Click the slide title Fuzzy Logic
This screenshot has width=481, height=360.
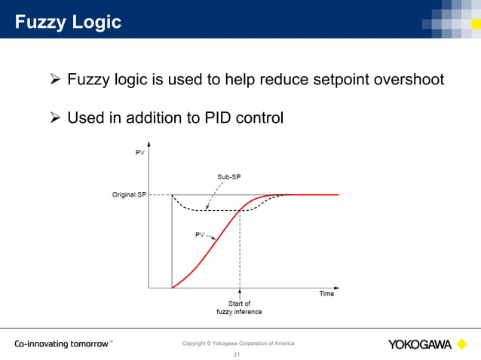pyautogui.click(x=69, y=23)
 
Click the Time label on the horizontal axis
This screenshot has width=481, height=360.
pyautogui.click(x=326, y=294)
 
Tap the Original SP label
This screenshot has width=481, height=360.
pyautogui.click(x=129, y=195)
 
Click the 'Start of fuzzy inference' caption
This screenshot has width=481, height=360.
pyautogui.click(x=240, y=307)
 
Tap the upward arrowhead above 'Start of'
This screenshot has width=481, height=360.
pyautogui.click(x=240, y=291)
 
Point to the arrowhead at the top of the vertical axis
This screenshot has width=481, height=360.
pyautogui.click(x=149, y=143)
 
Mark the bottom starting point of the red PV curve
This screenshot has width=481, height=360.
pyautogui.click(x=173, y=287)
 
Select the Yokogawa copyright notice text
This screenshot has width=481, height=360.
pyautogui.click(x=238, y=343)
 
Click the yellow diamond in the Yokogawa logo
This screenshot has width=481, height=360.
pyautogui.click(x=462, y=344)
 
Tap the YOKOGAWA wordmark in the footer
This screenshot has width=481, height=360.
pyautogui.click(x=420, y=345)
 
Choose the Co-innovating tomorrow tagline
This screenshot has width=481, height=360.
pyautogui.click(x=63, y=344)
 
